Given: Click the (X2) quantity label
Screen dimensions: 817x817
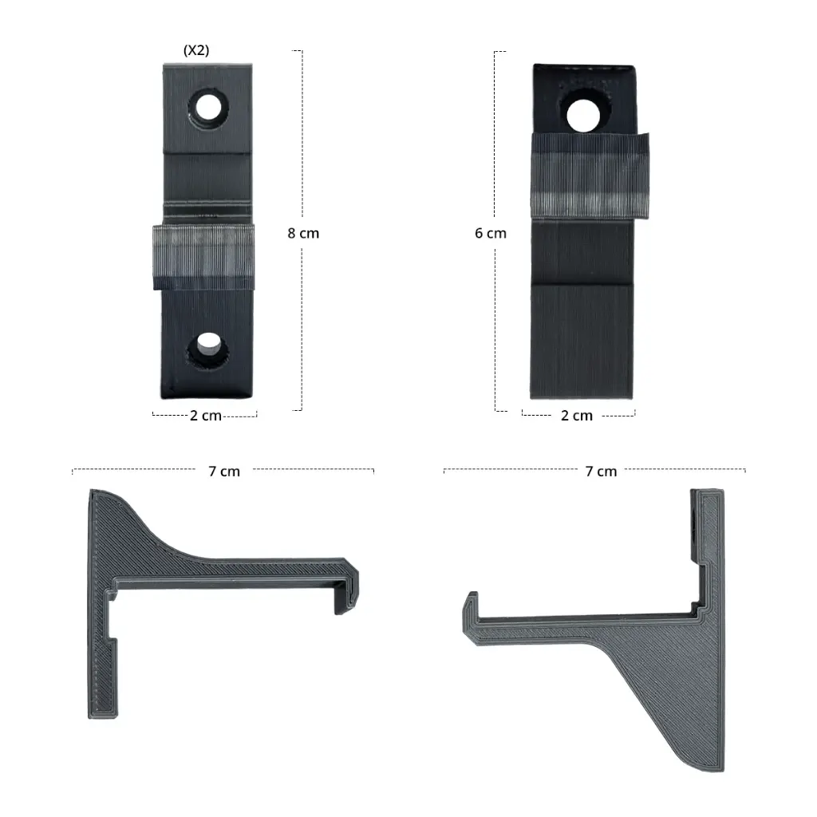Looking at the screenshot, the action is coord(196,50).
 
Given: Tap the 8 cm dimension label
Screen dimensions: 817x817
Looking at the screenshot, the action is coord(303,233).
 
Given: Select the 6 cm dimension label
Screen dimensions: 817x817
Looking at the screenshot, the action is coord(491,233).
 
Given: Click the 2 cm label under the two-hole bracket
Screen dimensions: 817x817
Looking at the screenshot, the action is coord(206,415).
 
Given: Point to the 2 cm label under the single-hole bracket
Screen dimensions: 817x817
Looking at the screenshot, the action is coord(577,415).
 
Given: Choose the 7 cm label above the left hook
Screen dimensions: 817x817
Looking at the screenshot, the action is coord(224,471).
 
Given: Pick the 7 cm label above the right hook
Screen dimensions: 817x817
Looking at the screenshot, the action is coord(601,471).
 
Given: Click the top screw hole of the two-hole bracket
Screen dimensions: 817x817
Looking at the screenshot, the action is coord(208,108).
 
